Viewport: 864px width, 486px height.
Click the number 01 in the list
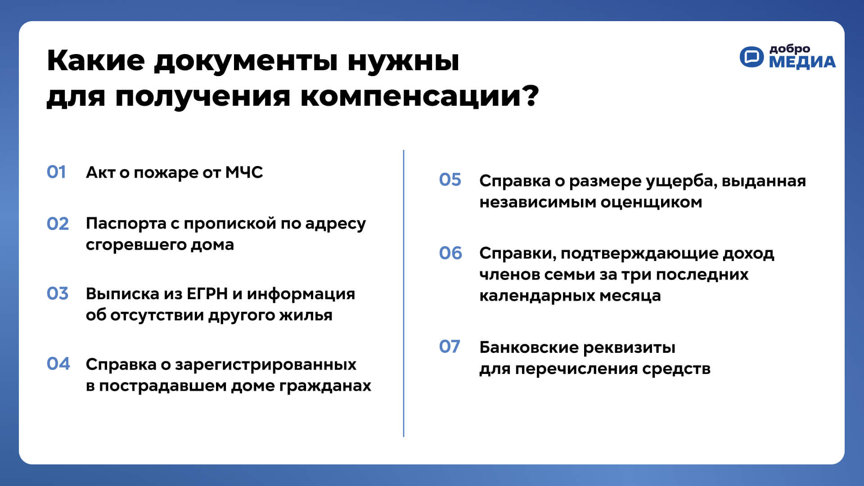[x=56, y=172]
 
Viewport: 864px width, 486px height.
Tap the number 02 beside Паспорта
[x=58, y=224]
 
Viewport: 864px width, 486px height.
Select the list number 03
[x=58, y=293]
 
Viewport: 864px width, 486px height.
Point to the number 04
[x=58, y=364]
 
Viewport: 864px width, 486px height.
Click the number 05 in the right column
[x=450, y=180]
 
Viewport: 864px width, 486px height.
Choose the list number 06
[x=450, y=253]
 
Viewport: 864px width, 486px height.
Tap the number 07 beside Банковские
[x=450, y=346]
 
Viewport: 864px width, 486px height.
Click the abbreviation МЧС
[x=244, y=172]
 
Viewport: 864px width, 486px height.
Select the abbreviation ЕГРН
[x=207, y=293]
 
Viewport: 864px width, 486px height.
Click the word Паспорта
[x=126, y=224]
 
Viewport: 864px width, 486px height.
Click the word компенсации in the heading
[x=412, y=96]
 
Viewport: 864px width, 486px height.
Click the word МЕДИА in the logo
[x=802, y=62]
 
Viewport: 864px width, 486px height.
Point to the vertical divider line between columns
[x=404, y=293]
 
